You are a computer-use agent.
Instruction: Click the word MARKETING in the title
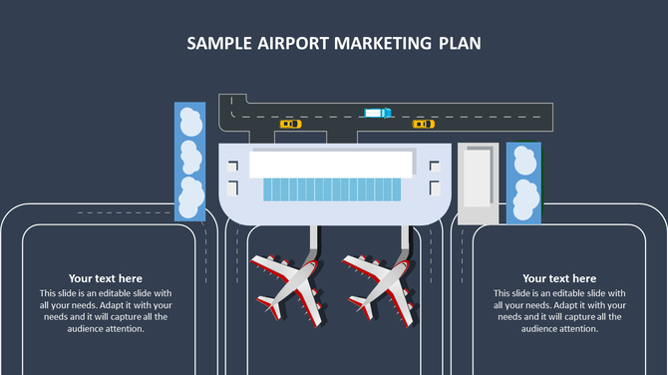386,44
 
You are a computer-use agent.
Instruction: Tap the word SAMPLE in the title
221,44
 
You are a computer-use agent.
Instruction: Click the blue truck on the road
378,113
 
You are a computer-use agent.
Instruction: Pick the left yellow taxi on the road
290,125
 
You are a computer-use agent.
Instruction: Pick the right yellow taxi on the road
424,125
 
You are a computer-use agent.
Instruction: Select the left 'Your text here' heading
106,278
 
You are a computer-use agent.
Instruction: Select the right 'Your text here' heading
559,278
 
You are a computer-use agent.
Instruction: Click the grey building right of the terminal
478,182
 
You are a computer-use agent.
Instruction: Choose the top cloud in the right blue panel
523,158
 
